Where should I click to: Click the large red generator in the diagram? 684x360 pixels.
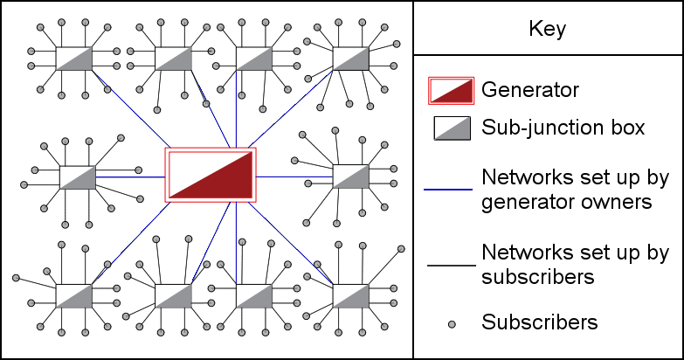[211, 175]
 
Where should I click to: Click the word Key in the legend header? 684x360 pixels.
[548, 29]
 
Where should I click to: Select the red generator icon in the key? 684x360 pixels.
[451, 90]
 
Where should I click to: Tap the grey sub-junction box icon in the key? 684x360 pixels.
[452, 128]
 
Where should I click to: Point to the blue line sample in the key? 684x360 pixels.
[449, 189]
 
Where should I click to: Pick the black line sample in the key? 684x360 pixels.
[449, 265]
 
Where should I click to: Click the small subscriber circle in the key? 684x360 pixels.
[452, 324]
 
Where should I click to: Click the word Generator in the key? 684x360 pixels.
[530, 89]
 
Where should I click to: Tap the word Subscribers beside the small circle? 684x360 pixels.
[540, 322]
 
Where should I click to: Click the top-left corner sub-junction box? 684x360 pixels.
[74, 59]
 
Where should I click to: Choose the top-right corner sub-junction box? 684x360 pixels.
[351, 59]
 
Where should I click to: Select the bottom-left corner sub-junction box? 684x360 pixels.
[74, 295]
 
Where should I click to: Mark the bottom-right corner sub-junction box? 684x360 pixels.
[351, 295]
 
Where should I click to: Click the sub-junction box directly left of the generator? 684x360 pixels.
[78, 177]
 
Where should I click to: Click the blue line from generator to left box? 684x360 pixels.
[131, 177]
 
